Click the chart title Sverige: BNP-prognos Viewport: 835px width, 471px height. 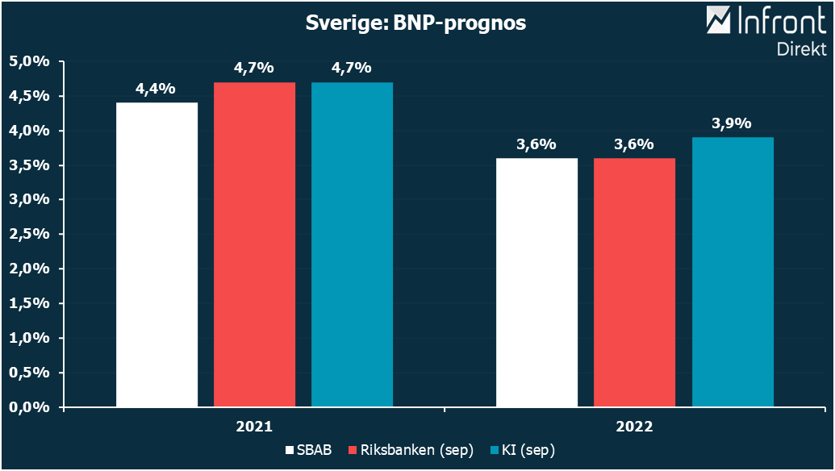[x=415, y=23]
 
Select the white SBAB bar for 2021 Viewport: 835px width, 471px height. [x=157, y=254]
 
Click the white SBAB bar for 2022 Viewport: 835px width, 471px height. [x=536, y=282]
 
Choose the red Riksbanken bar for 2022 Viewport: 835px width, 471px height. [x=634, y=282]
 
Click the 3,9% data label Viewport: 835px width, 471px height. [x=732, y=123]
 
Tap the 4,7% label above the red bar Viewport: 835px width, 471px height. [x=253, y=69]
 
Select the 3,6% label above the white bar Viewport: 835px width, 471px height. [x=536, y=144]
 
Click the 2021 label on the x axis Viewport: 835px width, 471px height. [x=253, y=426]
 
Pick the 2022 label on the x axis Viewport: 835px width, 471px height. [x=634, y=426]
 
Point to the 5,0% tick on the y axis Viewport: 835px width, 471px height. [x=30, y=61]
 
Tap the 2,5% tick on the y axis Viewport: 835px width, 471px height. [x=30, y=234]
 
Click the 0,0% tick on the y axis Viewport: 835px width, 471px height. [x=30, y=407]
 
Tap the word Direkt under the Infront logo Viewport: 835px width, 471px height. [x=800, y=48]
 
